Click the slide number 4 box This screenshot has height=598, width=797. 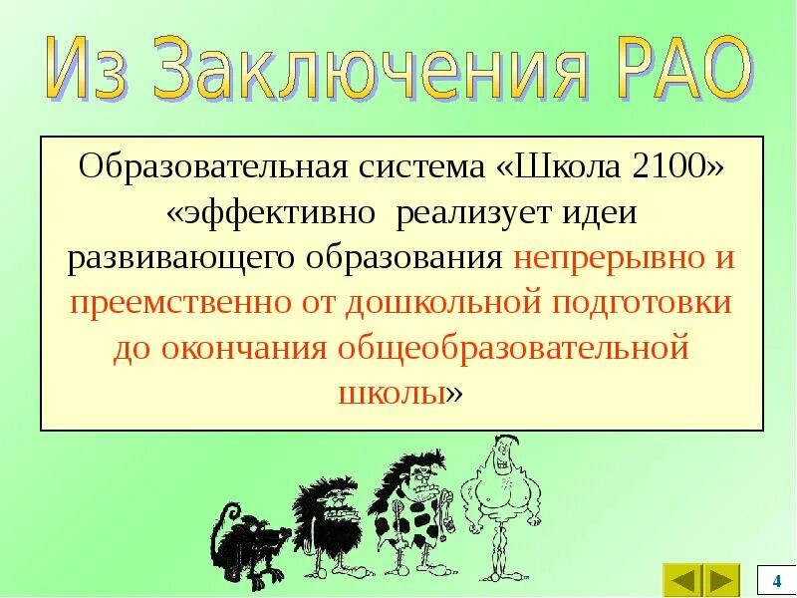click(x=776, y=580)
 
